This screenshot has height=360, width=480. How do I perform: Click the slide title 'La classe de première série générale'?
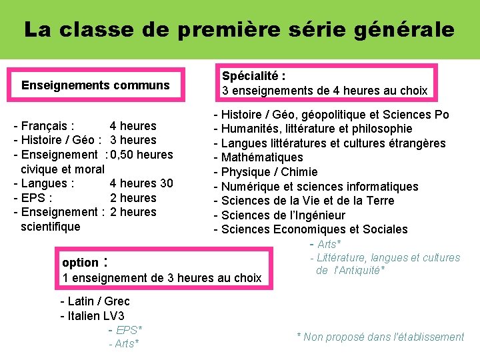tap(239, 29)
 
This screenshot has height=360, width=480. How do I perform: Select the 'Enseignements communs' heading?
tap(95, 85)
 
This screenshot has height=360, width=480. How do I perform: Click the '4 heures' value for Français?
tap(133, 126)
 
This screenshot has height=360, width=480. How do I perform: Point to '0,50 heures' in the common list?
tap(142, 155)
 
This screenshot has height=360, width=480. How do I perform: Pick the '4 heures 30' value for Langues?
tap(141, 183)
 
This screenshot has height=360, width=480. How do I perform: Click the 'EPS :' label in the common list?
tap(37, 198)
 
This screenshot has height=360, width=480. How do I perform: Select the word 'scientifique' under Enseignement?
tap(51, 227)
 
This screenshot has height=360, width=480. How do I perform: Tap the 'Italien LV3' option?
tap(96, 316)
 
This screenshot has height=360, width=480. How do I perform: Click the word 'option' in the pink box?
tap(80, 263)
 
